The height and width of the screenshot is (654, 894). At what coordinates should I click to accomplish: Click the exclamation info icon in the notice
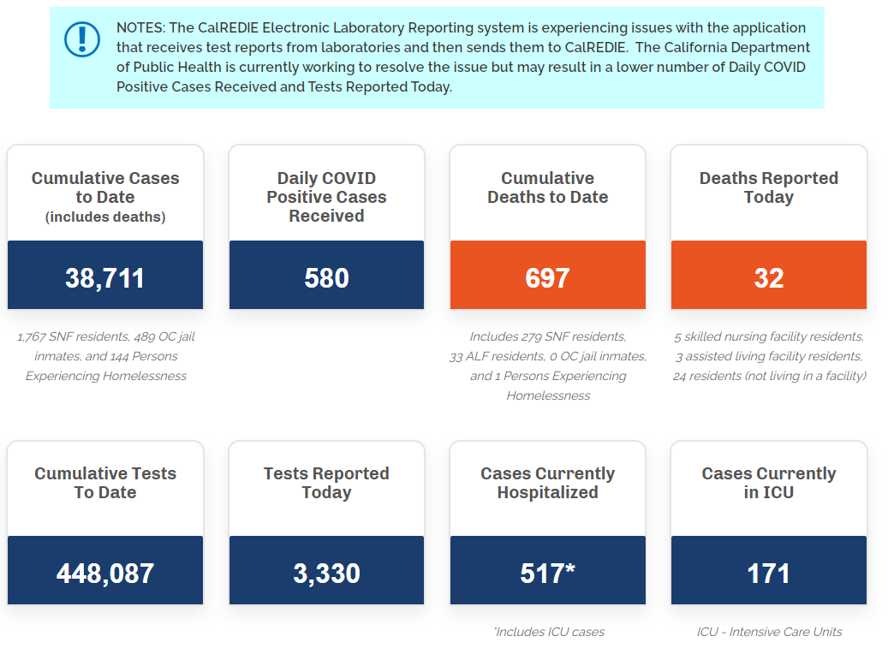click(x=82, y=39)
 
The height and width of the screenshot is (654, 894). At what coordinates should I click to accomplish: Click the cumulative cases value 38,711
click(x=105, y=278)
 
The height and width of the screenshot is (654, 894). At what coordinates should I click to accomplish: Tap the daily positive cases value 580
click(x=326, y=278)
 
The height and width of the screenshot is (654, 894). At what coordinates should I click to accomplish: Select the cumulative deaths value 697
click(x=547, y=278)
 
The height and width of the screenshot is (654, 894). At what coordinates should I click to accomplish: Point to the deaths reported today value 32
click(x=768, y=278)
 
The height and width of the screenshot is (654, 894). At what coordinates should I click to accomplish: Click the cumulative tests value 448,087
click(x=105, y=574)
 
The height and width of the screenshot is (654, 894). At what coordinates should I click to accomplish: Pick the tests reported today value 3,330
click(x=326, y=574)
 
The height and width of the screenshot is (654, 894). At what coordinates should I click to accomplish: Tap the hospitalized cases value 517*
click(x=547, y=574)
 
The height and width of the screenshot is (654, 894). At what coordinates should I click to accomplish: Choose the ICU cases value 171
click(x=768, y=574)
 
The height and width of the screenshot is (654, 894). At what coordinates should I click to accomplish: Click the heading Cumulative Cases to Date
click(x=105, y=187)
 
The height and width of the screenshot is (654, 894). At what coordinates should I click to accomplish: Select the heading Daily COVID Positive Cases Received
click(x=326, y=197)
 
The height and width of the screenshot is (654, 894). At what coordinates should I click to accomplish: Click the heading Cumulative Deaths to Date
click(x=547, y=187)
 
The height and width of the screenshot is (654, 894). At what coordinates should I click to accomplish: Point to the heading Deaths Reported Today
click(x=768, y=187)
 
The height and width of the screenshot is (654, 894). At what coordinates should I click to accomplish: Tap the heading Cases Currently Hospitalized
click(x=547, y=483)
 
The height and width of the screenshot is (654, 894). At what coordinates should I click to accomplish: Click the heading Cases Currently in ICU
click(x=768, y=483)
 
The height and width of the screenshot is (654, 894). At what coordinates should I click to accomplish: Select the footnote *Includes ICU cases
click(x=548, y=632)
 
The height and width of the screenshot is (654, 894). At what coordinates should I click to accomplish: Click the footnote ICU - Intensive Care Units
click(x=769, y=632)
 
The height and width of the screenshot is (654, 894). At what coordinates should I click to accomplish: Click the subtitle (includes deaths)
click(x=105, y=217)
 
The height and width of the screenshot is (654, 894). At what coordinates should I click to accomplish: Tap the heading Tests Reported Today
click(x=326, y=483)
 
